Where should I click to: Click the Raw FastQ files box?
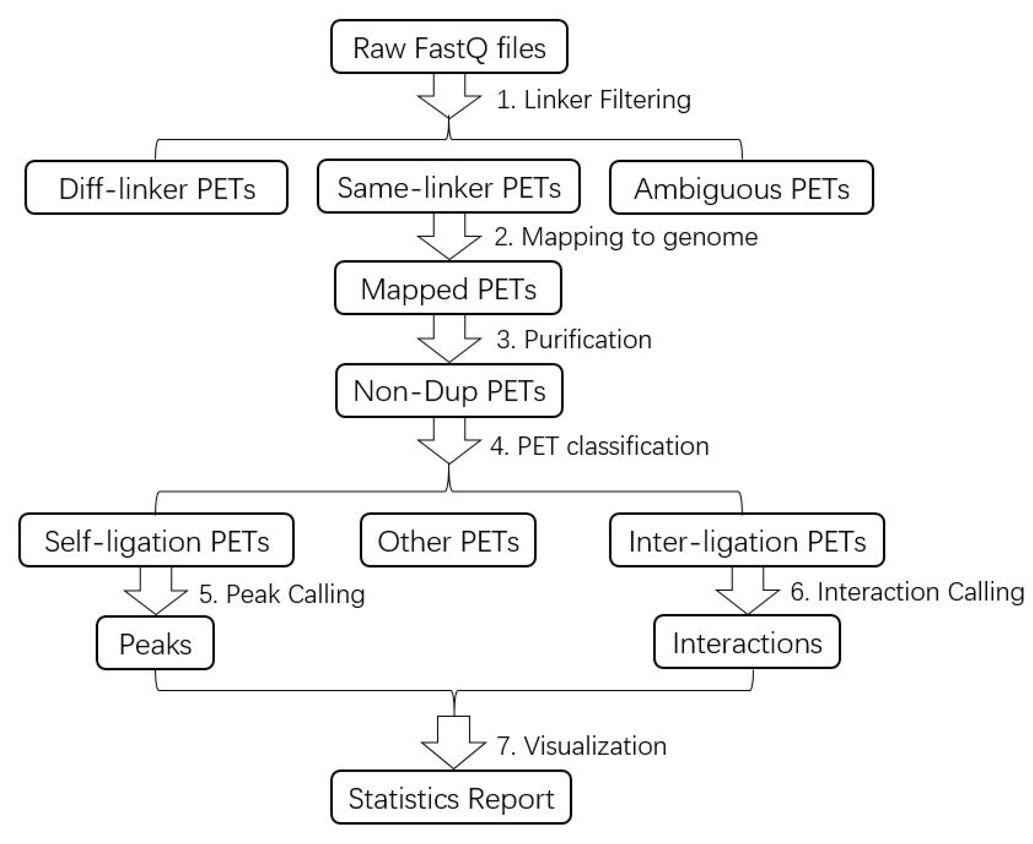click(449, 47)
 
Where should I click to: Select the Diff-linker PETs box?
click(156, 188)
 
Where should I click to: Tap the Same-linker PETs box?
click(448, 187)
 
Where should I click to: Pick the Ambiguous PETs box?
click(741, 188)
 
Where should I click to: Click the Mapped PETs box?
click(448, 288)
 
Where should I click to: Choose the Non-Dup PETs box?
click(449, 391)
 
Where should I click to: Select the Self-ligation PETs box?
click(156, 540)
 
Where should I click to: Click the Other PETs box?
click(448, 540)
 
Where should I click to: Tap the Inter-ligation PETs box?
click(746, 540)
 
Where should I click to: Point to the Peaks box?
click(155, 643)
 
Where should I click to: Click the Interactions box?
click(746, 642)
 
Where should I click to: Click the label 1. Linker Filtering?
click(593, 100)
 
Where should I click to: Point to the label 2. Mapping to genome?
click(626, 237)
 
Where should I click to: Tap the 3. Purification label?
click(574, 339)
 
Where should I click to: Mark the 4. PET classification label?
click(599, 446)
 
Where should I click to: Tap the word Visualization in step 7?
click(595, 745)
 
